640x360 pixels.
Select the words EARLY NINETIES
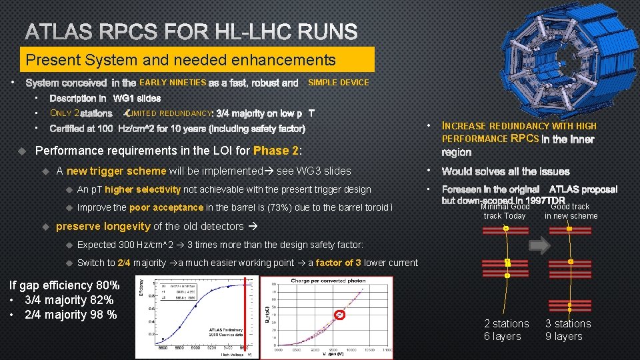coord(173,83)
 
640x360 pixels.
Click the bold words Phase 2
coord(277,151)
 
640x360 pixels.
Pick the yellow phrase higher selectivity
coord(143,190)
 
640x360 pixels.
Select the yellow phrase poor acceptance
coord(166,207)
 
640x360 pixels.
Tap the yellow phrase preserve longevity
coord(103,227)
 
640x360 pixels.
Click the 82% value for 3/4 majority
coord(103,300)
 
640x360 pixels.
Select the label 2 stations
coord(507,324)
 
